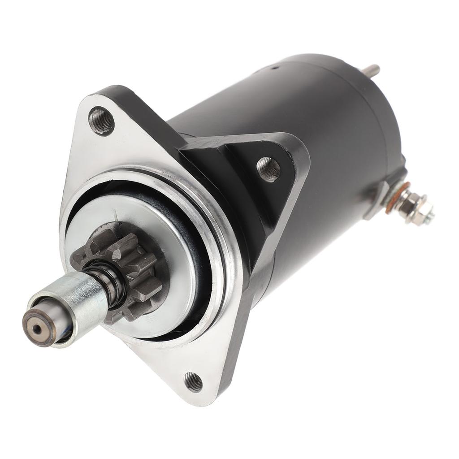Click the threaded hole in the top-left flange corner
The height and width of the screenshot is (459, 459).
point(101,120)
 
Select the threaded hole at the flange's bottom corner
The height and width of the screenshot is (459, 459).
point(193,382)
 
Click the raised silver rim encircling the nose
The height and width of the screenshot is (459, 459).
point(224,233)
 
